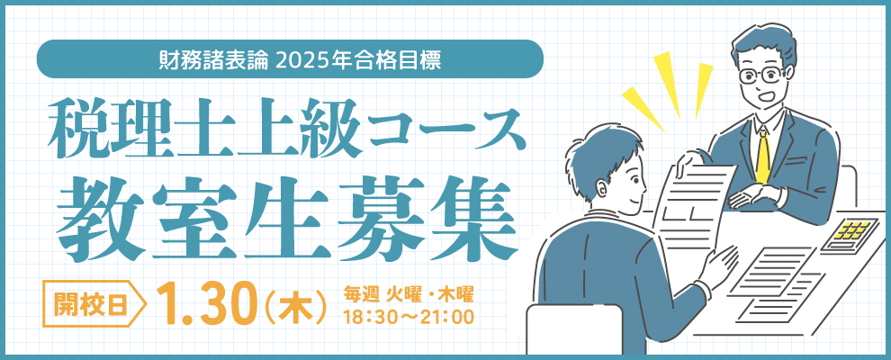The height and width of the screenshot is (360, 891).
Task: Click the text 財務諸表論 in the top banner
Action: point(213,59)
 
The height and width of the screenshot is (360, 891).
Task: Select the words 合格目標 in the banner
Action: point(408,59)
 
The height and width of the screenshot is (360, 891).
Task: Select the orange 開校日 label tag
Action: point(94,305)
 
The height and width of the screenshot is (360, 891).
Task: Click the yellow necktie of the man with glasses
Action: point(762,153)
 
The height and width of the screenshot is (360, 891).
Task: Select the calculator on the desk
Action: point(850,233)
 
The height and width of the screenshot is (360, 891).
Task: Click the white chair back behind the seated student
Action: point(574,329)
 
